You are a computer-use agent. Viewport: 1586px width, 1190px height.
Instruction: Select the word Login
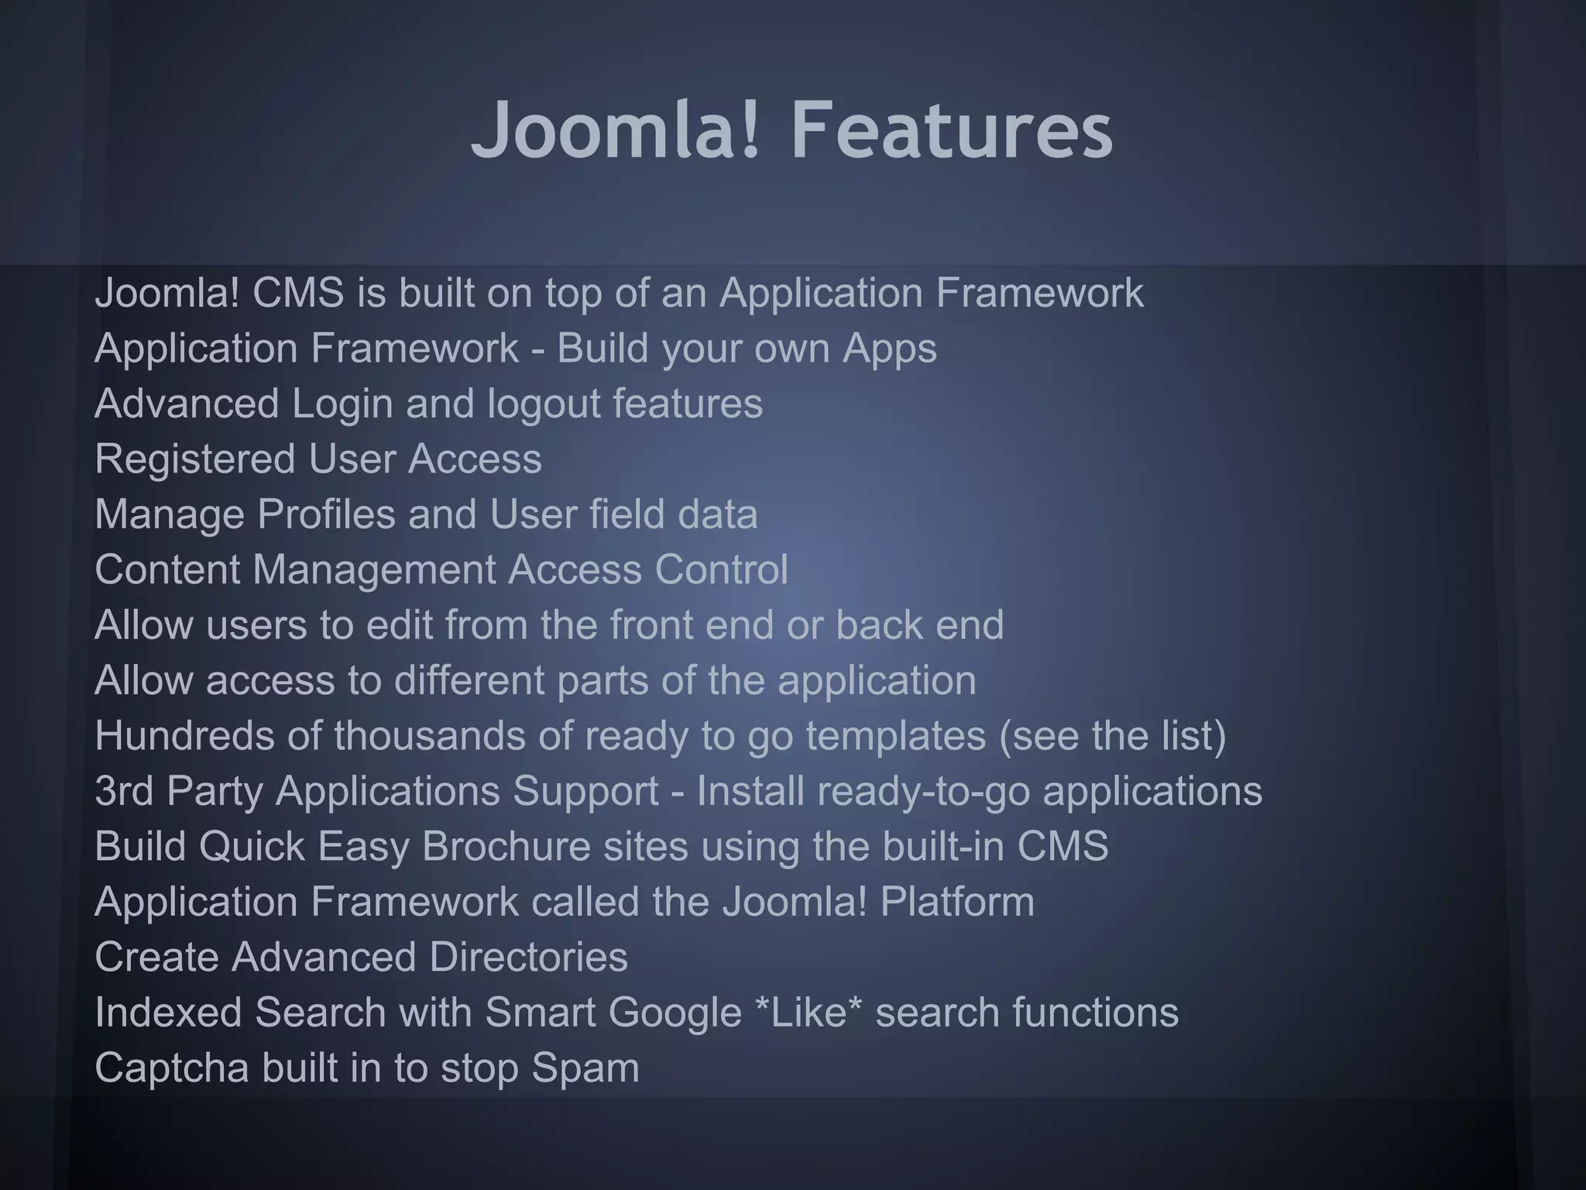coord(342,404)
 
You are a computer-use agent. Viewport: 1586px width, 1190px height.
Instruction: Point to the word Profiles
coord(326,514)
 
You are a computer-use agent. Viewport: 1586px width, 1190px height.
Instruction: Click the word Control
coord(721,570)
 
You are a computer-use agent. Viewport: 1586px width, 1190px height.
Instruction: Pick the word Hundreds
coord(184,735)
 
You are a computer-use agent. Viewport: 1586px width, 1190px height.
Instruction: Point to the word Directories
coord(528,957)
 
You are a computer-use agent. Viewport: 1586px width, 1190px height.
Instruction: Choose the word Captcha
coord(171,1068)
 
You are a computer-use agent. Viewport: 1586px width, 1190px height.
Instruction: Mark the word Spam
coord(585,1068)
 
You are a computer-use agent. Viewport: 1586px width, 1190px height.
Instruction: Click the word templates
coord(895,735)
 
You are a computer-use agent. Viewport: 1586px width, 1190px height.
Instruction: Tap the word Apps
coord(889,349)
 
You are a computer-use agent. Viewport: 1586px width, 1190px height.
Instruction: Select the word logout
coord(544,404)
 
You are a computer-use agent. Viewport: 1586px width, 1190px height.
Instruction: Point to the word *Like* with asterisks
coord(808,1013)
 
